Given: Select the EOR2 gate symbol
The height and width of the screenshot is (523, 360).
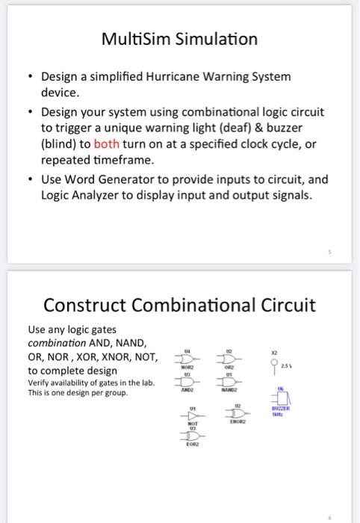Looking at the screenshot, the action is click(x=193, y=436).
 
